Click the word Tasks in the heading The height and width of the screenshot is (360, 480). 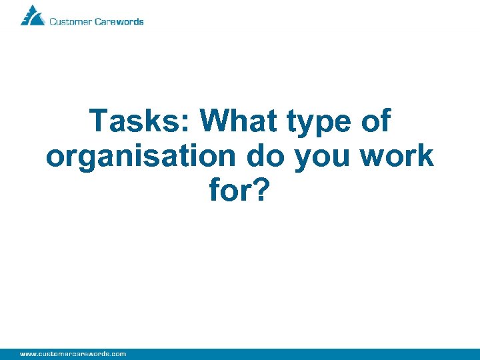click(x=137, y=121)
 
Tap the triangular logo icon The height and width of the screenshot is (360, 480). click(x=32, y=15)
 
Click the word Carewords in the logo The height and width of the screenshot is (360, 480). click(x=119, y=21)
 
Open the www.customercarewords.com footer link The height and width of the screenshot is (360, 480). click(x=73, y=353)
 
